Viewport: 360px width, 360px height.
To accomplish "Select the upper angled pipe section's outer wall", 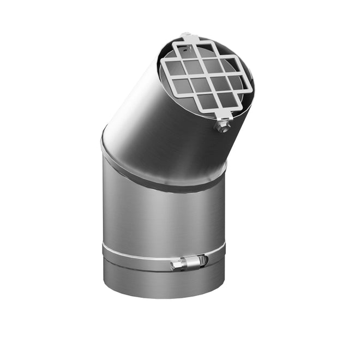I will (x=142, y=120).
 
